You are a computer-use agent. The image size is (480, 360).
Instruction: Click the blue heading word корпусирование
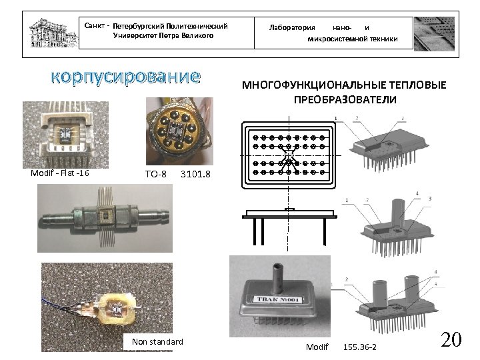(125, 77)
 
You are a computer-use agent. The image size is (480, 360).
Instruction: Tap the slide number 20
(451, 339)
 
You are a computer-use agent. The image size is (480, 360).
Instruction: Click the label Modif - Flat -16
(60, 173)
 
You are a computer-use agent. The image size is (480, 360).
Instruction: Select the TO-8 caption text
(156, 174)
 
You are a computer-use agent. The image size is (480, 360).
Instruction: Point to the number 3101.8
(195, 174)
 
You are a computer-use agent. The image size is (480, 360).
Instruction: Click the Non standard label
(157, 341)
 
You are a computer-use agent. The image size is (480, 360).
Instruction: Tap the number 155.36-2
(360, 347)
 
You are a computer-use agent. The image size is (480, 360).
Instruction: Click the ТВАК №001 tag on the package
(277, 300)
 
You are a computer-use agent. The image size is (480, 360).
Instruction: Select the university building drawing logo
(53, 33)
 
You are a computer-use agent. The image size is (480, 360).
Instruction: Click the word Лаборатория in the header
(292, 27)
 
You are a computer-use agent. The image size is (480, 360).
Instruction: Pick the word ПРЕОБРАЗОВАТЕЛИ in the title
(345, 99)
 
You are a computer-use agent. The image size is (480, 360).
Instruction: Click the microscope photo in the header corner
(435, 34)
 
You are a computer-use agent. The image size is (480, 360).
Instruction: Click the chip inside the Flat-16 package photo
(65, 134)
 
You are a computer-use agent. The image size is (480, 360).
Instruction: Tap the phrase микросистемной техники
(353, 39)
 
